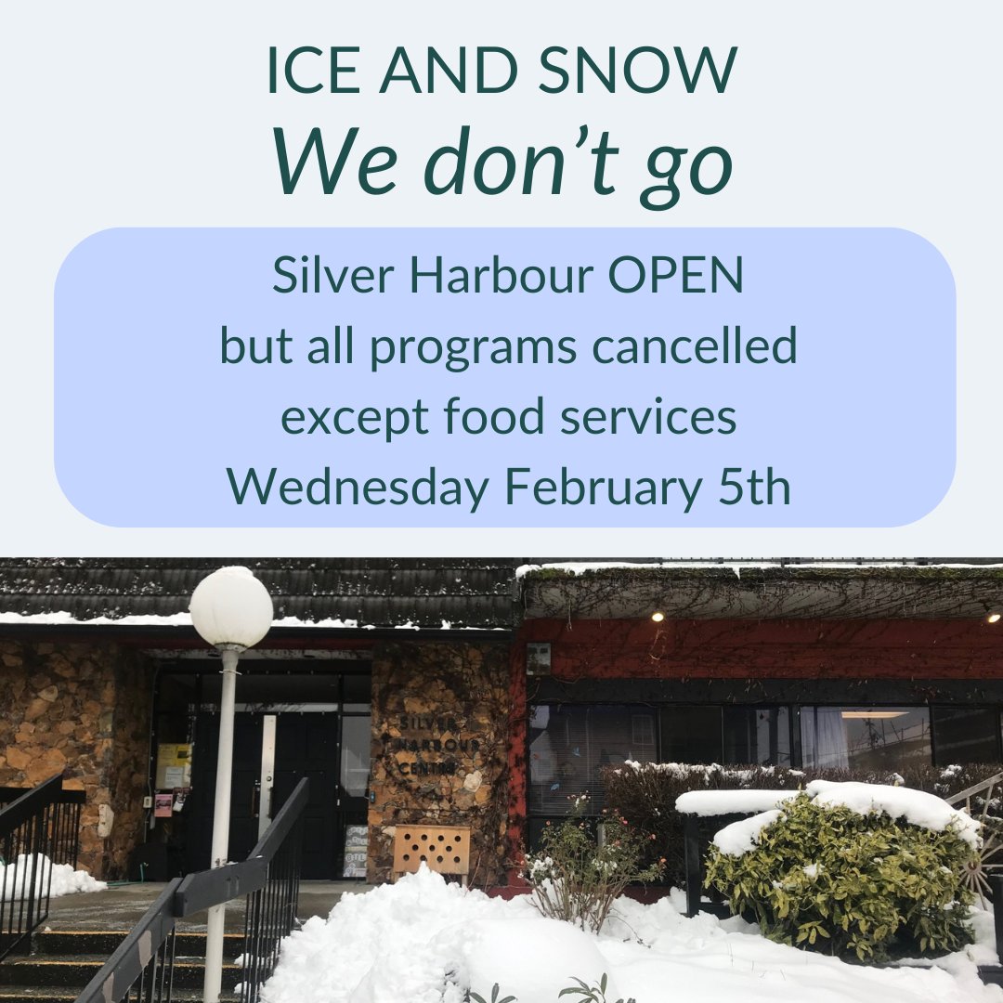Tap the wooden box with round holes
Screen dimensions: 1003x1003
click(x=431, y=850)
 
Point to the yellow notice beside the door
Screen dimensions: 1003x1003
click(x=174, y=765)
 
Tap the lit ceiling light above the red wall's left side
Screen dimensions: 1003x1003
click(x=657, y=617)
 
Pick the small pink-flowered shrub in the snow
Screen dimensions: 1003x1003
click(x=585, y=859)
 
